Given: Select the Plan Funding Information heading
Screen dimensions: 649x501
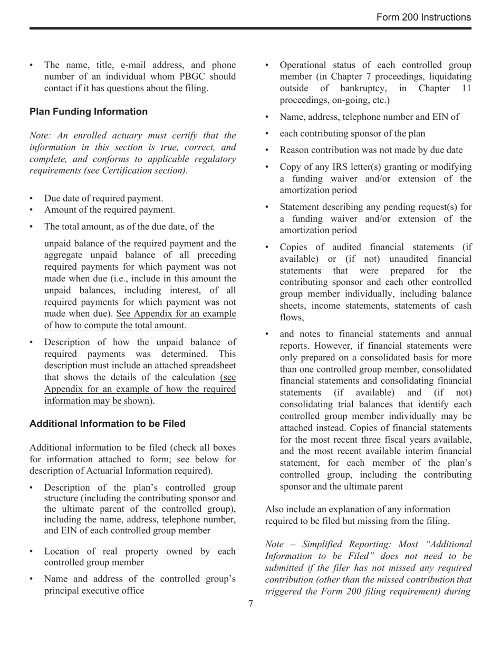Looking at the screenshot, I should [x=89, y=112].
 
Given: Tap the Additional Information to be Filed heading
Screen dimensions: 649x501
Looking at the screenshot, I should [x=108, y=424].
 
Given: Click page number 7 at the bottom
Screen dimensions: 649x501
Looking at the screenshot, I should [x=250, y=603].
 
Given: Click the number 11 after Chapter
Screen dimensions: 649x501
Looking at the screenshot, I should [x=466, y=89].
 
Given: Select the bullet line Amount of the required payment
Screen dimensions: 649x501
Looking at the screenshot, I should [x=110, y=210].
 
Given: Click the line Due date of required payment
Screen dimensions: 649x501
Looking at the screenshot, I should [x=104, y=198].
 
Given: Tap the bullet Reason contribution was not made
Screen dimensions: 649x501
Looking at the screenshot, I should [x=371, y=150].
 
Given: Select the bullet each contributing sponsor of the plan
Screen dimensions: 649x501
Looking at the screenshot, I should [x=352, y=133].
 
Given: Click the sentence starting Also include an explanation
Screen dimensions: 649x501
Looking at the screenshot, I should [x=358, y=510].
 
